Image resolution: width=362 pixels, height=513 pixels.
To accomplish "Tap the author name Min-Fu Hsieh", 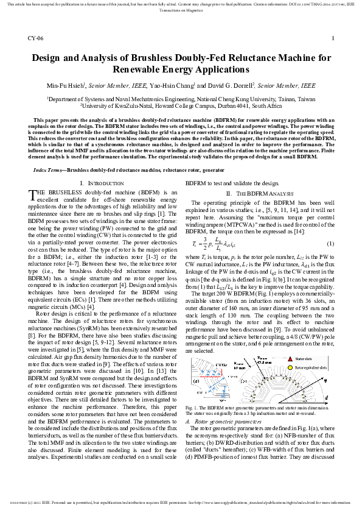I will point(67,87).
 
